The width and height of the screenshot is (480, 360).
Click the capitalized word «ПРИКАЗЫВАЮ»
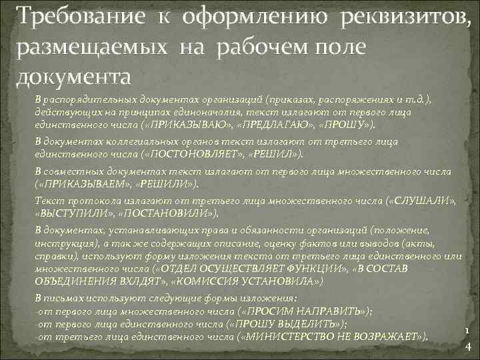click(x=187, y=124)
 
